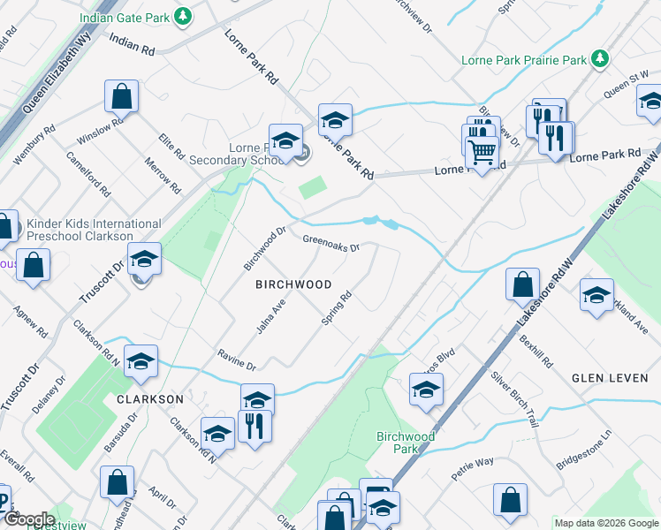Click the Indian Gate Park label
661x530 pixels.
[124, 17]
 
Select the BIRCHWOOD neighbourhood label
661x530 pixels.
[293, 284]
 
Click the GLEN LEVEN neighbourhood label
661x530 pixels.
[610, 378]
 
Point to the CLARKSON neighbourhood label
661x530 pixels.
[150, 399]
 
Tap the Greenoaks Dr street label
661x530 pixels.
[331, 243]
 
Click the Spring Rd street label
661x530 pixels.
[338, 309]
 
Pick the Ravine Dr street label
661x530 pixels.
[237, 360]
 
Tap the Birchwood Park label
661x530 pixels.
[406, 443]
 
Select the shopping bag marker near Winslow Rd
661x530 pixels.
[121, 96]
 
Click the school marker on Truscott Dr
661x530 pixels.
[145, 260]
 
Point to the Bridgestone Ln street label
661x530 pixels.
[584, 450]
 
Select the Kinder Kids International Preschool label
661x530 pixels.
[94, 231]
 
